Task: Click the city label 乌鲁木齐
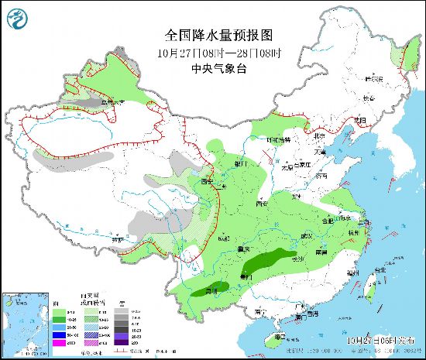115,101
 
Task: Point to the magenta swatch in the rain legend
58,342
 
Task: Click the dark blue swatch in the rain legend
58,334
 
